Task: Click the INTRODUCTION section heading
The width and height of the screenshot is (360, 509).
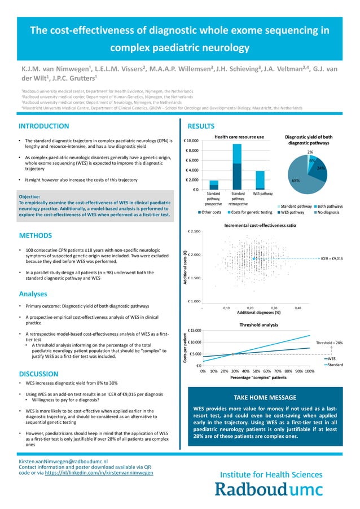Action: (43, 126)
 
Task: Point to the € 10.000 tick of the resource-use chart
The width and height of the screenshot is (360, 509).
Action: (191, 141)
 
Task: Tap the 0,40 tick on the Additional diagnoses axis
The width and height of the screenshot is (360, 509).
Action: (298, 308)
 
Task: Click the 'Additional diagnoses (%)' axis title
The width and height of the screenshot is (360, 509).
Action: (258, 313)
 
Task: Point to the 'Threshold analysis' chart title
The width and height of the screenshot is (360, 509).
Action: (258, 325)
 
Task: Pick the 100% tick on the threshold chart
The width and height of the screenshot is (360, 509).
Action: (309, 372)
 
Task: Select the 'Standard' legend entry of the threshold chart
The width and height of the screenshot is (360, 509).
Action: (336, 365)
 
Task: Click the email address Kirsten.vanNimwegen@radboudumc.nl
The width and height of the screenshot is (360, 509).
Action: (63, 461)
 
